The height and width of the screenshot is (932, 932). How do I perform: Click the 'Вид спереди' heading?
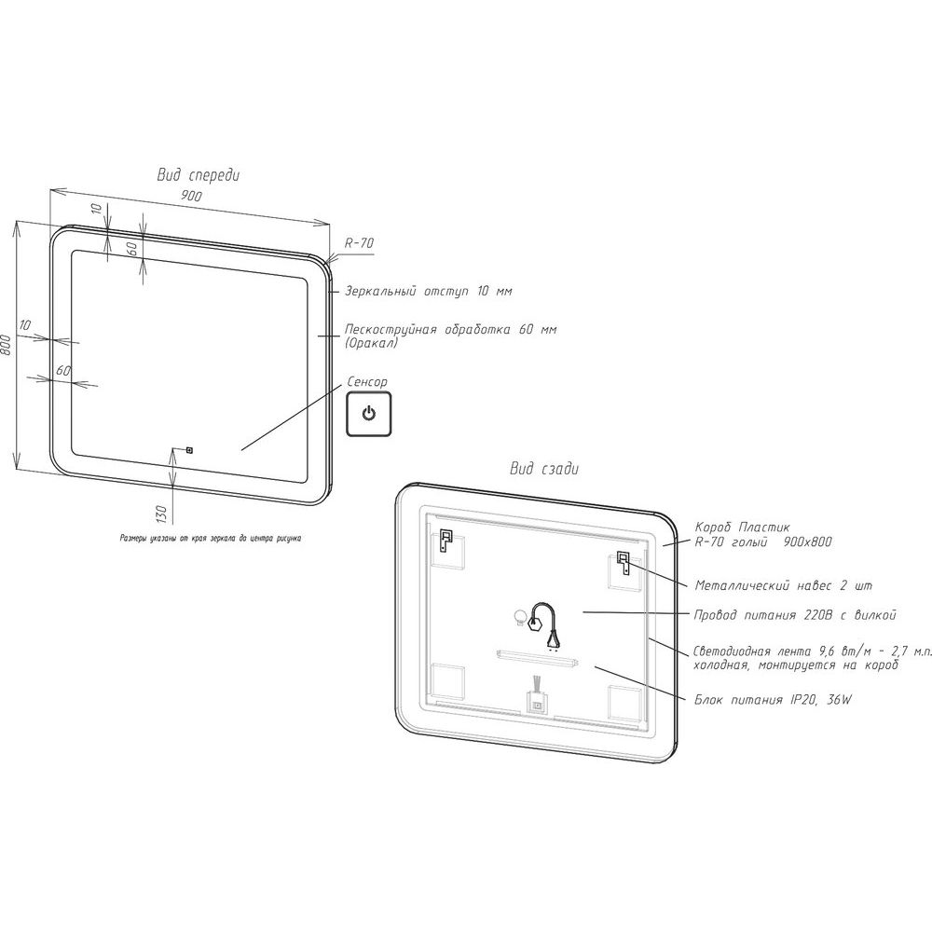(198, 175)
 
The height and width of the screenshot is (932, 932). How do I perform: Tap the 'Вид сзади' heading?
(544, 469)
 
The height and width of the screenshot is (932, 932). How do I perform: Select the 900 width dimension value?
(191, 196)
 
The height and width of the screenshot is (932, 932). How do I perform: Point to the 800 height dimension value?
(6, 346)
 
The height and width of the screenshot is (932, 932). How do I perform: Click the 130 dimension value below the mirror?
(160, 513)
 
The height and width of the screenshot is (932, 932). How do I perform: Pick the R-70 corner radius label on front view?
(359, 243)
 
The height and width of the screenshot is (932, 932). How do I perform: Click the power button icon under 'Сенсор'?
(368, 414)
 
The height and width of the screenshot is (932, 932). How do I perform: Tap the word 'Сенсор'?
(366, 381)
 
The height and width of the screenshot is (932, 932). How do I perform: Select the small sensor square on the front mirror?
(189, 450)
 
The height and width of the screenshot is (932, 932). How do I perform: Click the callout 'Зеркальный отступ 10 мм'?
(429, 291)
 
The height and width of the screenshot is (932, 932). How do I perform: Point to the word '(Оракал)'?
(372, 343)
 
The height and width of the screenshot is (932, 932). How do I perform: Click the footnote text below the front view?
(211, 539)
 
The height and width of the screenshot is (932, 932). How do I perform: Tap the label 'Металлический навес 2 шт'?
(784, 585)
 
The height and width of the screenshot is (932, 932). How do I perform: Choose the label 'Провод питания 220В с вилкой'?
(795, 615)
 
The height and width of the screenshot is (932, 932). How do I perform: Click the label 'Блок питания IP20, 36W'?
(773, 700)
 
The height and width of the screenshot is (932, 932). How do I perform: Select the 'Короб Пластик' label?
(743, 528)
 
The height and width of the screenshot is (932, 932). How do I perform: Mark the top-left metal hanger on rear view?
(445, 540)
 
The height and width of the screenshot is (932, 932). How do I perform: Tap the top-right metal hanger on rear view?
(624, 563)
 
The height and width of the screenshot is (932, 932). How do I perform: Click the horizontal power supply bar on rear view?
(538, 657)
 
